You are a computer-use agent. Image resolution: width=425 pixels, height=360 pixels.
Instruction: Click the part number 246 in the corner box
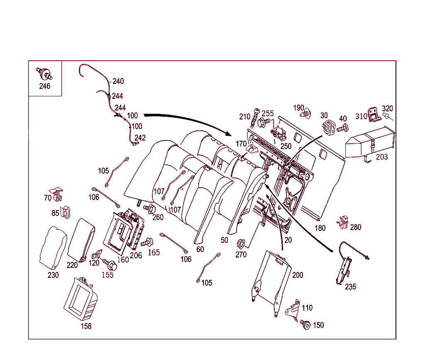[x=44, y=86]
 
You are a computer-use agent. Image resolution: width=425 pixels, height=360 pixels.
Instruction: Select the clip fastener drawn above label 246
[x=44, y=74]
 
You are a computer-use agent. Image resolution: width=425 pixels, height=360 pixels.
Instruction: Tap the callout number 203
[x=382, y=157]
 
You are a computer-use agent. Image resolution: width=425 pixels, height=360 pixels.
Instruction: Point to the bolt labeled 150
[x=305, y=325]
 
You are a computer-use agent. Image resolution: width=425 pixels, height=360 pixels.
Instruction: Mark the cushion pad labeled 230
[x=53, y=248]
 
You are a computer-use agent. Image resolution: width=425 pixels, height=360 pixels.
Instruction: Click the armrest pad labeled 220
[x=81, y=240]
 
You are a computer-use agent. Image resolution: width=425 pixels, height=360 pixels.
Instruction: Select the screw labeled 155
[x=110, y=264]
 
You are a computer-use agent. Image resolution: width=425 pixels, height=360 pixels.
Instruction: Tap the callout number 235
[x=350, y=287]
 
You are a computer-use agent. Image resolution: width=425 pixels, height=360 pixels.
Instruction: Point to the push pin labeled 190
[x=306, y=113]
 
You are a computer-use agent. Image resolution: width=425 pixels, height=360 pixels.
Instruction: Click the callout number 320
[x=387, y=109]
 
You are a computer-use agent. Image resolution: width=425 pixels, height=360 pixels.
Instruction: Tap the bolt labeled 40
[x=342, y=129]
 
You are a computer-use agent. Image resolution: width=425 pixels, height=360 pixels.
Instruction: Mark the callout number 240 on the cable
[x=118, y=81]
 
